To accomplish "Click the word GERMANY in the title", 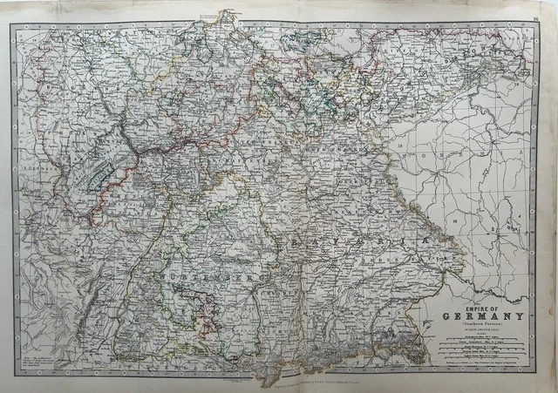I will click(481, 315).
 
